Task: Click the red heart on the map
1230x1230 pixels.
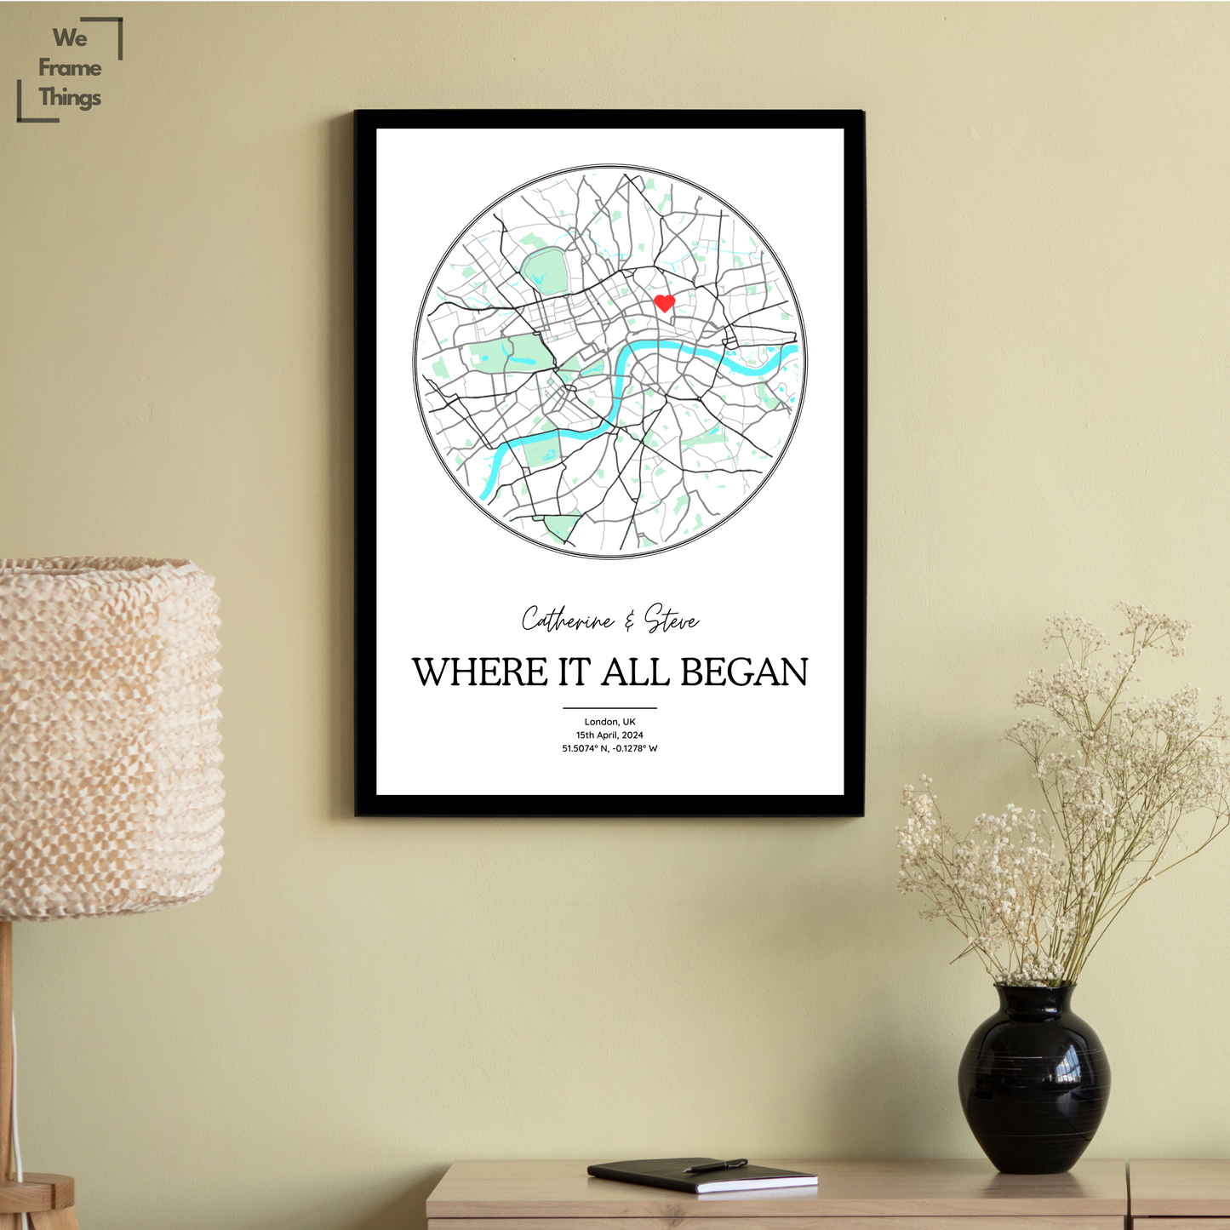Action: (664, 302)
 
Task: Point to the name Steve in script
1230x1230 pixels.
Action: (672, 620)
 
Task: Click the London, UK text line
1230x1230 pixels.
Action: (609, 722)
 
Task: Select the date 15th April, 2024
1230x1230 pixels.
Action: (609, 735)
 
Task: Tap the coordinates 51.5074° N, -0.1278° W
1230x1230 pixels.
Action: (609, 749)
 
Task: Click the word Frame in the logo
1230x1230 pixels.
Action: (70, 68)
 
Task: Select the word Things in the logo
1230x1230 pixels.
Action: (70, 98)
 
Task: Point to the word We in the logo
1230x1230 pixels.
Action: (70, 38)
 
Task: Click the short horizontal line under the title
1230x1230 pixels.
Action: (609, 707)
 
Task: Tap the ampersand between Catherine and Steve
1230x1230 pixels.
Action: (629, 622)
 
